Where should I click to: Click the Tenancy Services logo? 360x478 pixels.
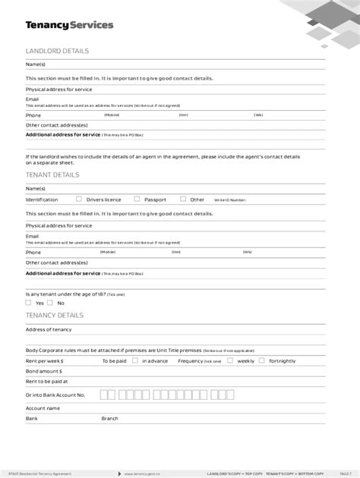coord(69,25)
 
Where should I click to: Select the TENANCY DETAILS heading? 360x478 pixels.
coord(55,314)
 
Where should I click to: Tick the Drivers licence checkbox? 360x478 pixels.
coord(78,199)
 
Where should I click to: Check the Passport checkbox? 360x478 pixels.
coord(137,199)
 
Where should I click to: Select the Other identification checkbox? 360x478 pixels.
coord(183,199)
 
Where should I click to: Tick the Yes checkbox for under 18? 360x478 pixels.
coord(28,303)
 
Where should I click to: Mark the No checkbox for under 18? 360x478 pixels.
coord(50,303)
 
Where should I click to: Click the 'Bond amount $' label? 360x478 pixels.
coord(43,372)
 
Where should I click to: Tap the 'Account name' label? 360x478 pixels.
coord(43,407)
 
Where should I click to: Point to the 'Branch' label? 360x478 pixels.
coord(110,418)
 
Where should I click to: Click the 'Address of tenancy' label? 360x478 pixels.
coord(48,329)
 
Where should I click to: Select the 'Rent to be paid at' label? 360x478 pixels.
coord(46,382)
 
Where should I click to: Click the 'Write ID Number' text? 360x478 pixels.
coord(230,200)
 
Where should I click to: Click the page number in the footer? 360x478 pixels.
coord(345,471)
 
